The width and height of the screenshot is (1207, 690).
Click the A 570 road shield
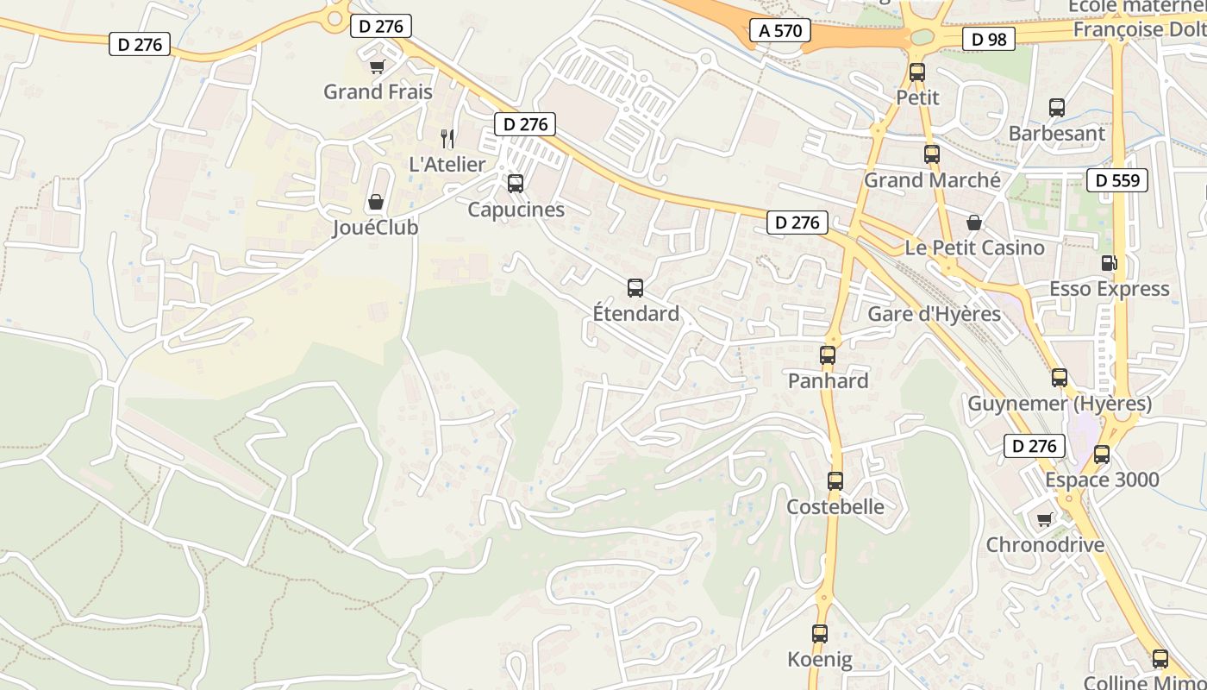(x=780, y=31)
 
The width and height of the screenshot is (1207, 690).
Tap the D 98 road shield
(x=989, y=39)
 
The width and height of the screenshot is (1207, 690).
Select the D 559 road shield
(x=1117, y=180)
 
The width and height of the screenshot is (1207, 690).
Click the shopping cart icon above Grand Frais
(x=377, y=66)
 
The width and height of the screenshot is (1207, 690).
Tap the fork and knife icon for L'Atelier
(x=447, y=139)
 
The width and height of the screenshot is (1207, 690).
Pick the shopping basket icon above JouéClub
(x=376, y=203)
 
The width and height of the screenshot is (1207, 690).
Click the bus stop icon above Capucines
(x=516, y=184)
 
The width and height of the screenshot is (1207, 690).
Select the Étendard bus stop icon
(x=635, y=288)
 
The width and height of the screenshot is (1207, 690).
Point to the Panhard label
(x=828, y=380)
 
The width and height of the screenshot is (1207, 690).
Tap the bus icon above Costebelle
(x=835, y=481)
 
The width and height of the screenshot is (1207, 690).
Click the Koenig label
(x=820, y=660)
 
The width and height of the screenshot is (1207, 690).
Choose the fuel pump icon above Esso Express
(x=1109, y=263)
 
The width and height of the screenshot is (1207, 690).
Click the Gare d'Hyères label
(x=934, y=314)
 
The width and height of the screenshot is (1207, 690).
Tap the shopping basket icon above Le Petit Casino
(x=974, y=223)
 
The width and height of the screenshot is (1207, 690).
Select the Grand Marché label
(x=932, y=180)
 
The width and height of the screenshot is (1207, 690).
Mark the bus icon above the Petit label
(x=917, y=72)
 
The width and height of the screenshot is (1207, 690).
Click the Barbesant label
(x=1056, y=134)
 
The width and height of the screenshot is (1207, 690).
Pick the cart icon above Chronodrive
(x=1045, y=519)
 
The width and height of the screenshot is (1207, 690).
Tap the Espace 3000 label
(x=1102, y=480)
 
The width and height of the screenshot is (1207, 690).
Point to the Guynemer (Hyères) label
(x=1060, y=404)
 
